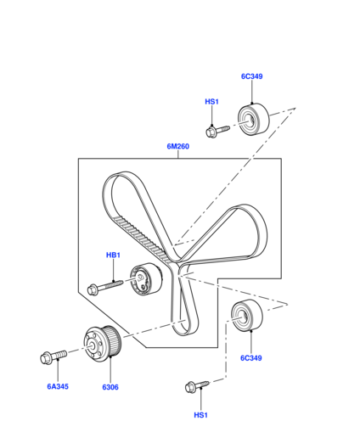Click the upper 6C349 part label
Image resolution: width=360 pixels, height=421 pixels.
251,76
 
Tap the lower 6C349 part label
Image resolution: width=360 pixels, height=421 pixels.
251,358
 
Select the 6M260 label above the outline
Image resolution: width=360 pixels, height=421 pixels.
178,146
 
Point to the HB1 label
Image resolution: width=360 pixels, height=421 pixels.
113,255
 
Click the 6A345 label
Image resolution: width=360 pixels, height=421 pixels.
58,386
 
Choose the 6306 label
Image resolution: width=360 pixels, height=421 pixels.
110,387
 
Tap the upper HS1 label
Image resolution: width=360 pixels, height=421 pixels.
211,102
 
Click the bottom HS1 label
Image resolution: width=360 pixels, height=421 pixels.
200,415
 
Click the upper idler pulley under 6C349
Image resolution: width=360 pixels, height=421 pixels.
254,120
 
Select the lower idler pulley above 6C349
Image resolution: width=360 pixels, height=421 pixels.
247,315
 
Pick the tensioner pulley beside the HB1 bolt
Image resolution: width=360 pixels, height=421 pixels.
146,279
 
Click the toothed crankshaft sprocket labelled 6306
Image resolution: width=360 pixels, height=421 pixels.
103,344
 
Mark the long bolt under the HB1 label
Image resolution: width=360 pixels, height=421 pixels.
105,288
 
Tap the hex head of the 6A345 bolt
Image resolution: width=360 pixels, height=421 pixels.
45,359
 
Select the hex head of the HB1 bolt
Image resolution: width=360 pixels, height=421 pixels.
93,290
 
